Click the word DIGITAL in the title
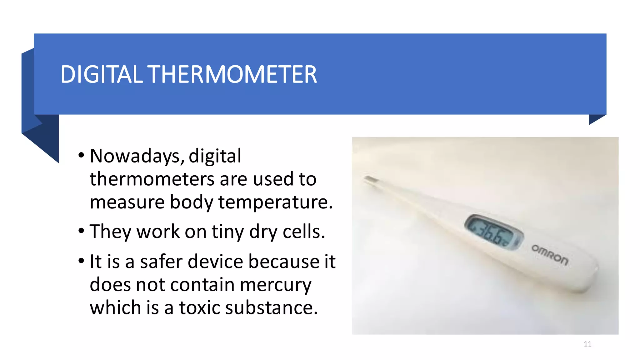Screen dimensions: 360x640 point(101,74)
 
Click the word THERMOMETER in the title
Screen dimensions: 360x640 point(233,74)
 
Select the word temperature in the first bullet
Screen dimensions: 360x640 point(275,202)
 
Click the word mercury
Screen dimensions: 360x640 point(276,285)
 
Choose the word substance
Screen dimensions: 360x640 point(271,307)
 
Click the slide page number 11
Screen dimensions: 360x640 point(587,344)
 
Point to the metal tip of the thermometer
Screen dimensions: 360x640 point(371,180)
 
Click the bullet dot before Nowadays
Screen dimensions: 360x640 point(81,155)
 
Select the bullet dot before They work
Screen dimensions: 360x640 point(81,231)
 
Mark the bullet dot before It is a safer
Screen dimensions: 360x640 point(81,261)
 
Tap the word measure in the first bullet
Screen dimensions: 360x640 point(127,202)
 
